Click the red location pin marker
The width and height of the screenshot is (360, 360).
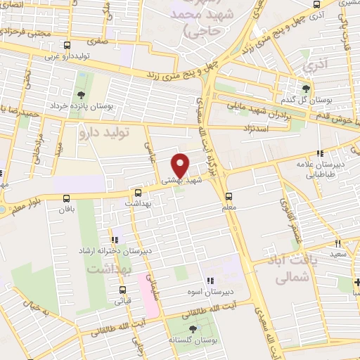[181, 165]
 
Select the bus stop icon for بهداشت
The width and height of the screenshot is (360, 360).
[137, 192]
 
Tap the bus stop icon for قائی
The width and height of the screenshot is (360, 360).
[123, 290]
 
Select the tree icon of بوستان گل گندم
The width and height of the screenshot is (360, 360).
[305, 89]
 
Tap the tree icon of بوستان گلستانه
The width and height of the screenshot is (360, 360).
[193, 329]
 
